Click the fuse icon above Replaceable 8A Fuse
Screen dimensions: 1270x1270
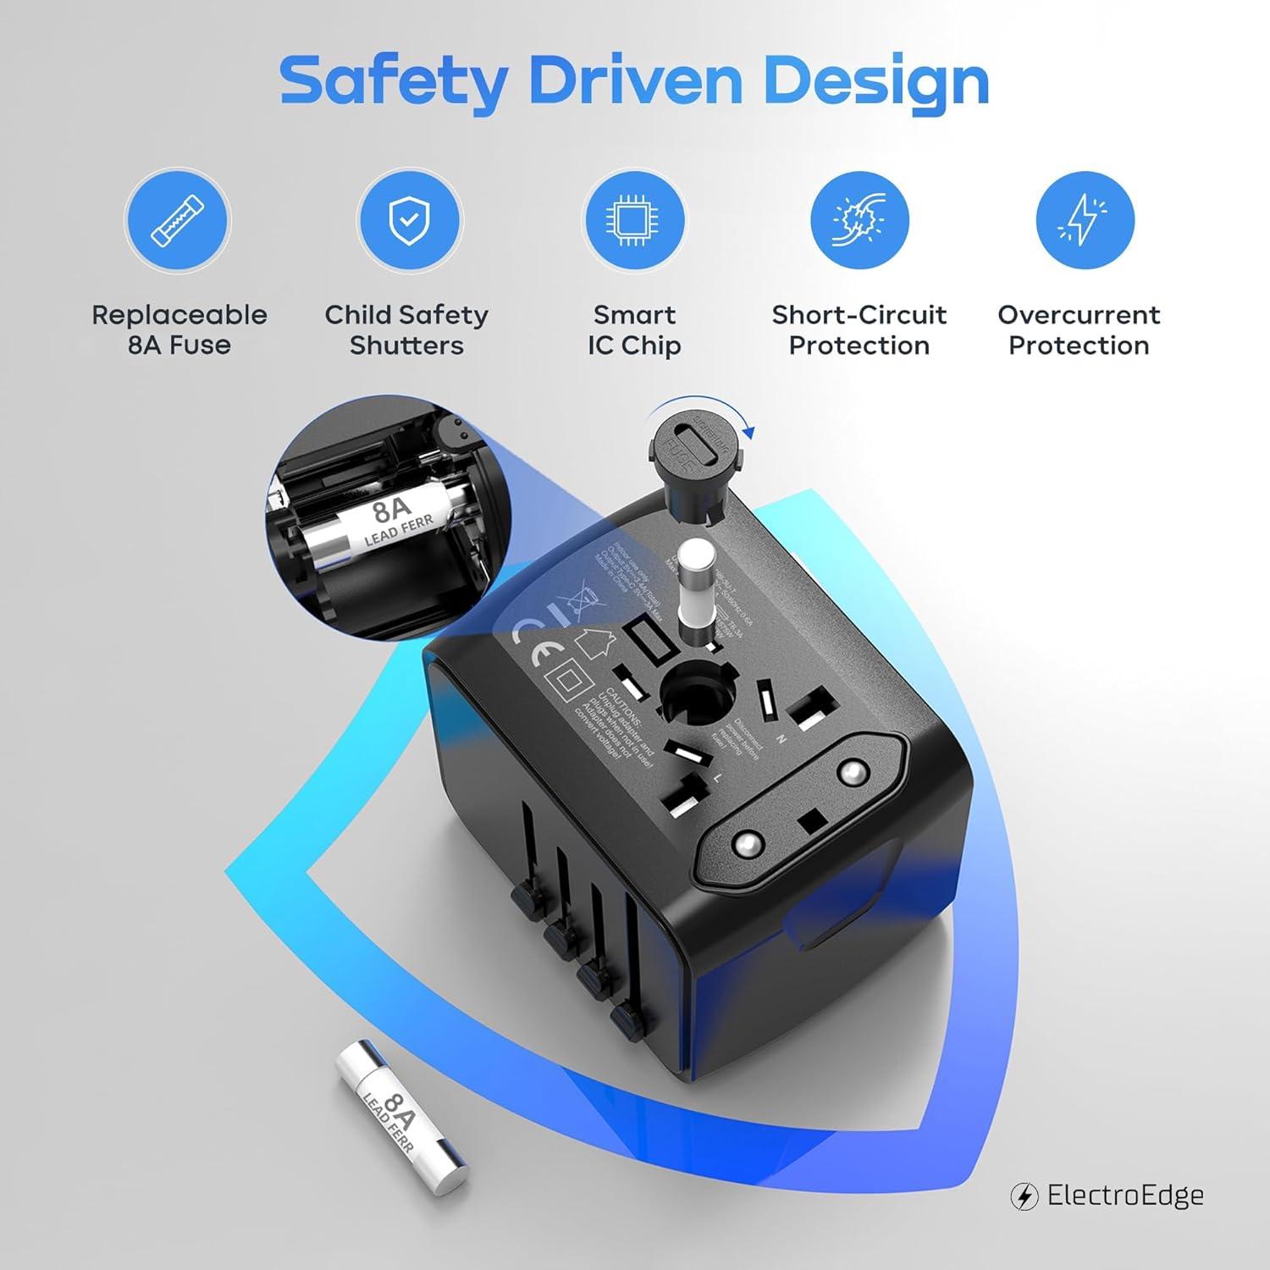[177, 220]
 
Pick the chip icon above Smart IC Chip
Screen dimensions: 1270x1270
[633, 220]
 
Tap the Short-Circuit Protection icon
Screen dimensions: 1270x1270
[859, 220]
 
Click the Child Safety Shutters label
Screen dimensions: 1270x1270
[406, 330]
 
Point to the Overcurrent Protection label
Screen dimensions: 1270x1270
[1079, 330]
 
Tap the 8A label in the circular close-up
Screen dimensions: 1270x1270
[390, 511]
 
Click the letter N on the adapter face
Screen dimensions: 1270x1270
[781, 739]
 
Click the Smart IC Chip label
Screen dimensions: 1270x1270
[634, 330]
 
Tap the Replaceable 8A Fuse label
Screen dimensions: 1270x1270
[179, 330]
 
